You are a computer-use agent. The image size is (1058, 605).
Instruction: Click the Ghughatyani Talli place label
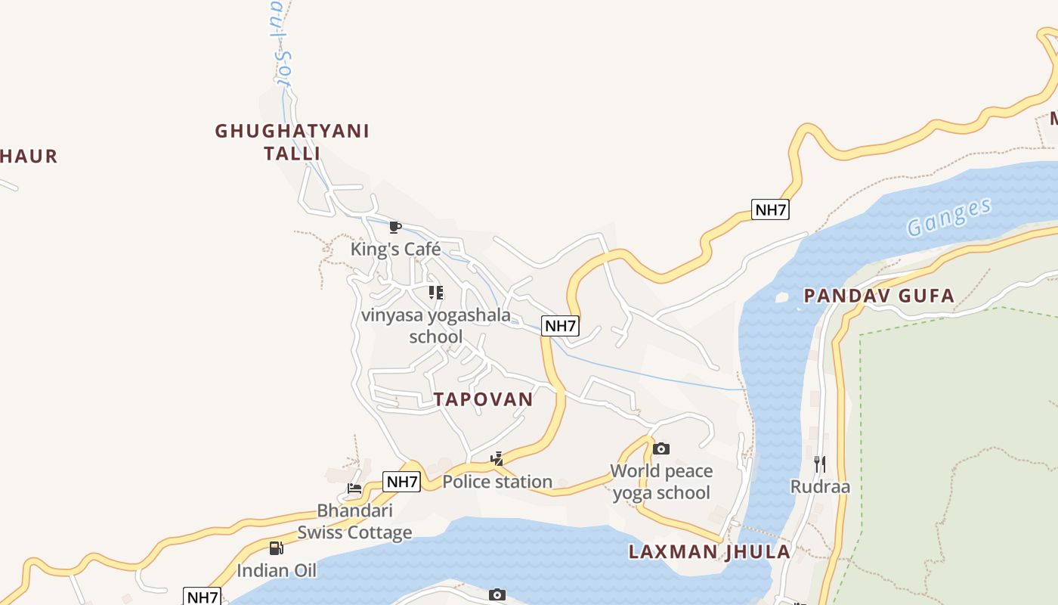point(292,141)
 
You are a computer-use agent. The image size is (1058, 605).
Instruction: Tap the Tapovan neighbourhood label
point(484,399)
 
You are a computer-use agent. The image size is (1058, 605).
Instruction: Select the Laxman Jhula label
point(710,551)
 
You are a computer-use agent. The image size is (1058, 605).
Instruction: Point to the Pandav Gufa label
point(879,296)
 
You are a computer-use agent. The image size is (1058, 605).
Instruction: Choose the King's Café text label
point(395,249)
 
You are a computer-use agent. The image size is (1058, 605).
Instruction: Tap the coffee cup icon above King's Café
point(394,227)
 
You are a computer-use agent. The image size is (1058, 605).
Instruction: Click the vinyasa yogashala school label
point(436,325)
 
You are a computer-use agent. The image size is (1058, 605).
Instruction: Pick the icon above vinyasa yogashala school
point(436,292)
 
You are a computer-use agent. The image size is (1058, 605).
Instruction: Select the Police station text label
point(497,482)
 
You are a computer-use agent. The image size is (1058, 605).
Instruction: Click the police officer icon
point(497,458)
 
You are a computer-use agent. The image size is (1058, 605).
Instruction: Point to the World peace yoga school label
point(661,482)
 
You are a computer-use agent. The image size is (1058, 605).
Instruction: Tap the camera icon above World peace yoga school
point(661,448)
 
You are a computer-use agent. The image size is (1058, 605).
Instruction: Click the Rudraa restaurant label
point(820,486)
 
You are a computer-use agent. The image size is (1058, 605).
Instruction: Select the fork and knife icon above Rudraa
point(820,463)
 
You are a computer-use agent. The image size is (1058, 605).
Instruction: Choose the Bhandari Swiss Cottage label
point(354,521)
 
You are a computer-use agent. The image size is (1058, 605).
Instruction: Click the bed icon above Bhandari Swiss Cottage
point(354,488)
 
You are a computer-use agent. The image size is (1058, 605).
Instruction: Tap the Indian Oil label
point(277,570)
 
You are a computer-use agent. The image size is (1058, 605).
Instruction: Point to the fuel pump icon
point(277,548)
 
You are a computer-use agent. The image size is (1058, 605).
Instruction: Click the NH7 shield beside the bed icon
point(401,482)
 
